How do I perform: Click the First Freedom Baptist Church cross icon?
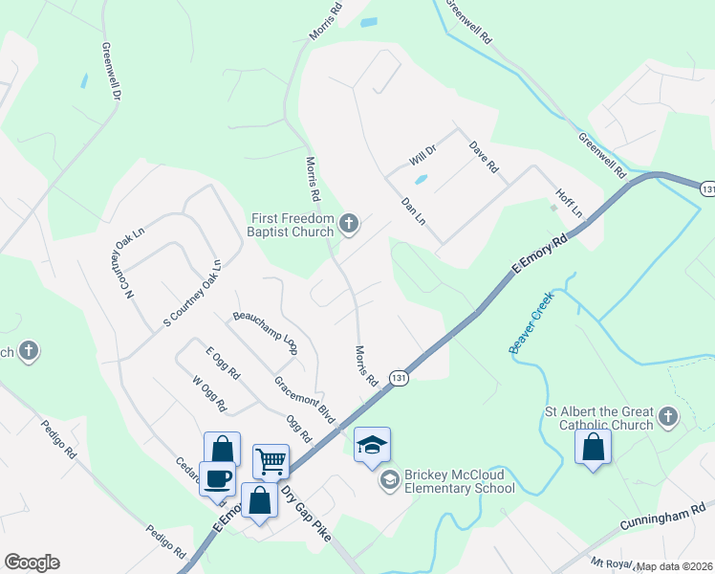click(349, 225)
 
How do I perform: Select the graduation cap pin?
click(372, 445)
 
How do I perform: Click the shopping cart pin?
click(271, 461)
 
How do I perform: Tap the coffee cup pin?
click(217, 477)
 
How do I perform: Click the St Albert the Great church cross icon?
click(667, 417)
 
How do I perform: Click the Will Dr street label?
click(422, 151)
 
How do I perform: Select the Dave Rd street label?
click(484, 157)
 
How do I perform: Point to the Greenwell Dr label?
click(111, 71)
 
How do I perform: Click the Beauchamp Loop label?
click(266, 332)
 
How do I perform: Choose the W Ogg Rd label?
click(209, 393)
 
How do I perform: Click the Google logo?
click(32, 563)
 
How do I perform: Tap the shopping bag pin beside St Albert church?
click(593, 447)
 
